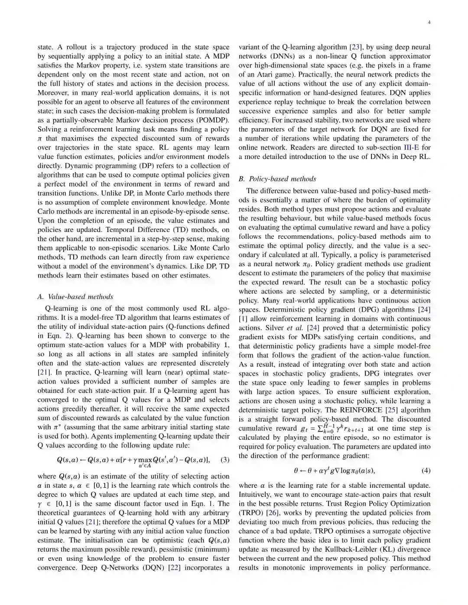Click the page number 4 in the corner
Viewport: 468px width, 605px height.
pyautogui.click(x=429, y=23)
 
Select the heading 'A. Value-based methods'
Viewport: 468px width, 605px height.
pyautogui.click(x=75, y=296)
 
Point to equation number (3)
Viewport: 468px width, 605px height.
pyautogui.click(x=225, y=460)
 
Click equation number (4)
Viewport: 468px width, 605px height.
pyautogui.click(x=426, y=470)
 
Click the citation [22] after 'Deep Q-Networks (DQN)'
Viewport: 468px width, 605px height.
pyautogui.click(x=174, y=567)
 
